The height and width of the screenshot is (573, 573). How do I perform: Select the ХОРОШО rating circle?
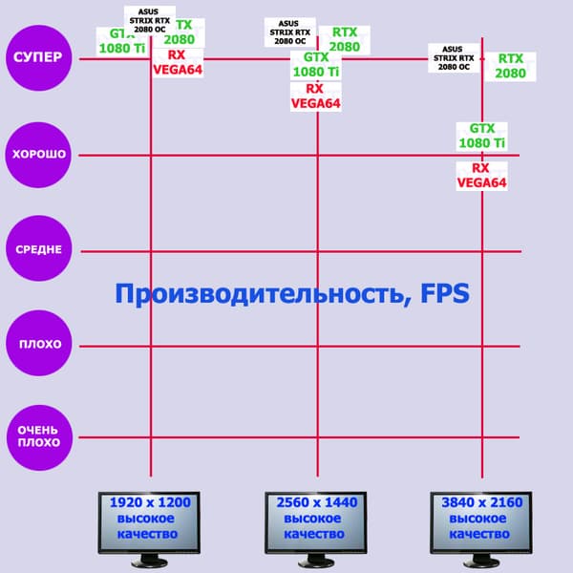point(38,155)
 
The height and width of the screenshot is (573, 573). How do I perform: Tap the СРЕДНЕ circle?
point(38,250)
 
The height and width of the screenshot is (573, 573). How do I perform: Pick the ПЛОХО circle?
point(38,345)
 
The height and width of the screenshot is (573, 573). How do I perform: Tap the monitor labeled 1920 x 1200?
point(150,521)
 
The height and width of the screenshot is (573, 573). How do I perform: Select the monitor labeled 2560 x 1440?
point(316,521)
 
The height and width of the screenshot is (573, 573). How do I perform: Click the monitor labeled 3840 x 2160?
point(481,521)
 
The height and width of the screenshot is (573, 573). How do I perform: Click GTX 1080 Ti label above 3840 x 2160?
point(481,137)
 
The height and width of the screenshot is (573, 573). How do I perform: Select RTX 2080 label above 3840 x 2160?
point(511,66)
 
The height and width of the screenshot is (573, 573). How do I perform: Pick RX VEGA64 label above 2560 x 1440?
point(316,96)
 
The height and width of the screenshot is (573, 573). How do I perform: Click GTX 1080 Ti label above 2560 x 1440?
point(316,65)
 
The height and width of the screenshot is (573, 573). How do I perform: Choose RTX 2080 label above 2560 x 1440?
point(345,40)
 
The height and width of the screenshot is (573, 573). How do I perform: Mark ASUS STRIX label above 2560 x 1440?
point(287,32)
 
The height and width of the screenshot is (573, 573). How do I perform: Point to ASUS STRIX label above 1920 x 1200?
point(150,21)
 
